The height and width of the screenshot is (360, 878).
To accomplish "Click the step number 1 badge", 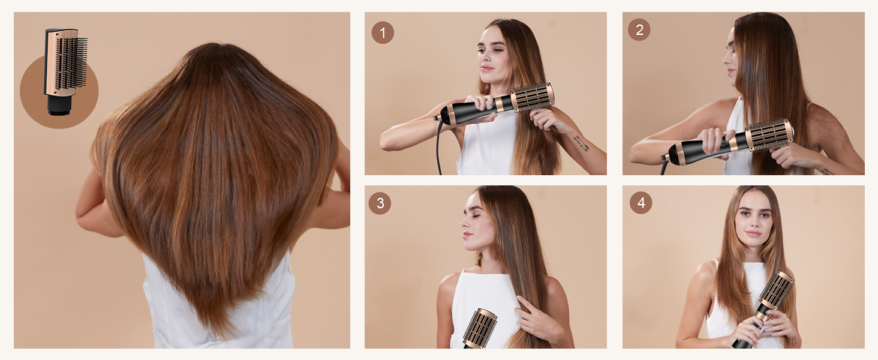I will (x=383, y=32).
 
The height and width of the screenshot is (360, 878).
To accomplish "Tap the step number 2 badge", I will (x=639, y=30).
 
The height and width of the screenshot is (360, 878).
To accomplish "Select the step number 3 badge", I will (x=380, y=203).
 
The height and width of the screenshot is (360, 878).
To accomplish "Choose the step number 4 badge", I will (x=641, y=203).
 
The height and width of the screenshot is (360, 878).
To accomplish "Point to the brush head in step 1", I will (x=532, y=97).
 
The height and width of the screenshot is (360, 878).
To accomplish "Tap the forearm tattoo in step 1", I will (x=581, y=143).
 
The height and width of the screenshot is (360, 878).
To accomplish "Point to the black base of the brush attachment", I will (x=58, y=104).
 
